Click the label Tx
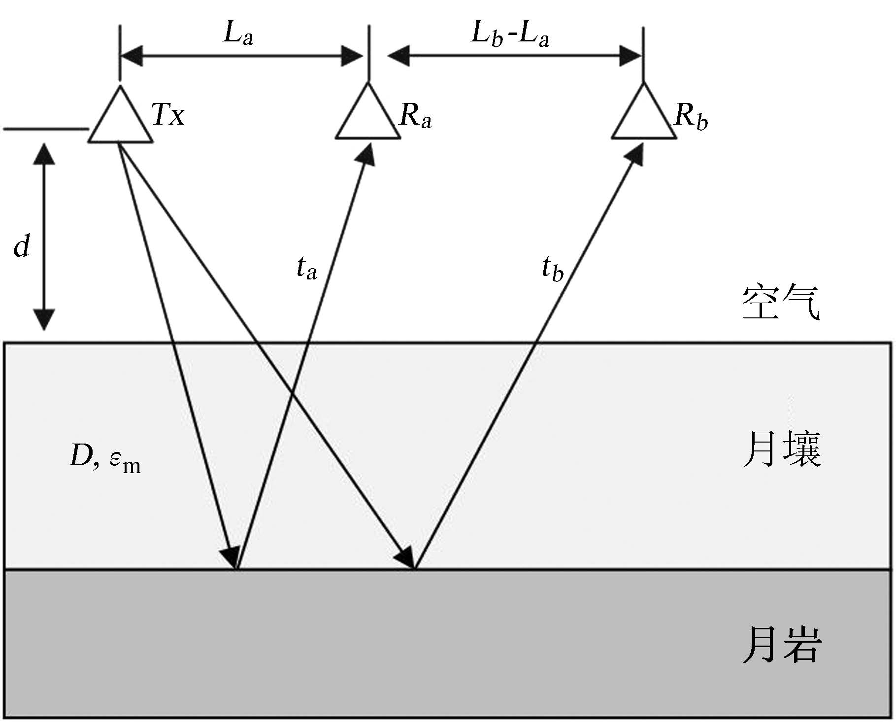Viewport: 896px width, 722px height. click(168, 114)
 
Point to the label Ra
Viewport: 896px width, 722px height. click(415, 116)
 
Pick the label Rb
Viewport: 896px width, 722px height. click(691, 116)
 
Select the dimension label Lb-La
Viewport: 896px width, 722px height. click(510, 34)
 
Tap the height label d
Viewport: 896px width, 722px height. click(22, 245)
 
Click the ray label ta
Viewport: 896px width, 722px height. click(306, 268)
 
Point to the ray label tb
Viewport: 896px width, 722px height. click(552, 269)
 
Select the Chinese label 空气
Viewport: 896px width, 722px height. click(781, 302)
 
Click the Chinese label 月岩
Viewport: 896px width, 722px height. click(782, 644)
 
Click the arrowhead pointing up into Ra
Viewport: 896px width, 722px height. click(365, 154)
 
